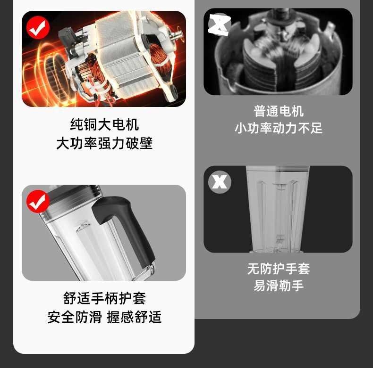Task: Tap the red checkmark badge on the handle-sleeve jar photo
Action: click(x=38, y=202)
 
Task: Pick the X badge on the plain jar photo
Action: click(x=220, y=182)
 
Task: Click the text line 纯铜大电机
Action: click(x=104, y=125)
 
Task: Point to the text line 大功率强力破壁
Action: click(x=104, y=143)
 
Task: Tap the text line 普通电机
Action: click(x=279, y=111)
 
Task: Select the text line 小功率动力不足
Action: click(x=279, y=128)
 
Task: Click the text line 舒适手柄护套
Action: click(x=104, y=298)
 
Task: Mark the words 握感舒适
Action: click(x=135, y=317)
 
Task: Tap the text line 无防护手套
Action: click(x=279, y=269)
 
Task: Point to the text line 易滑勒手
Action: click(x=279, y=286)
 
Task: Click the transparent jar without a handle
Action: click(x=278, y=207)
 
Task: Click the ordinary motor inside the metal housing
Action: click(x=279, y=52)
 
